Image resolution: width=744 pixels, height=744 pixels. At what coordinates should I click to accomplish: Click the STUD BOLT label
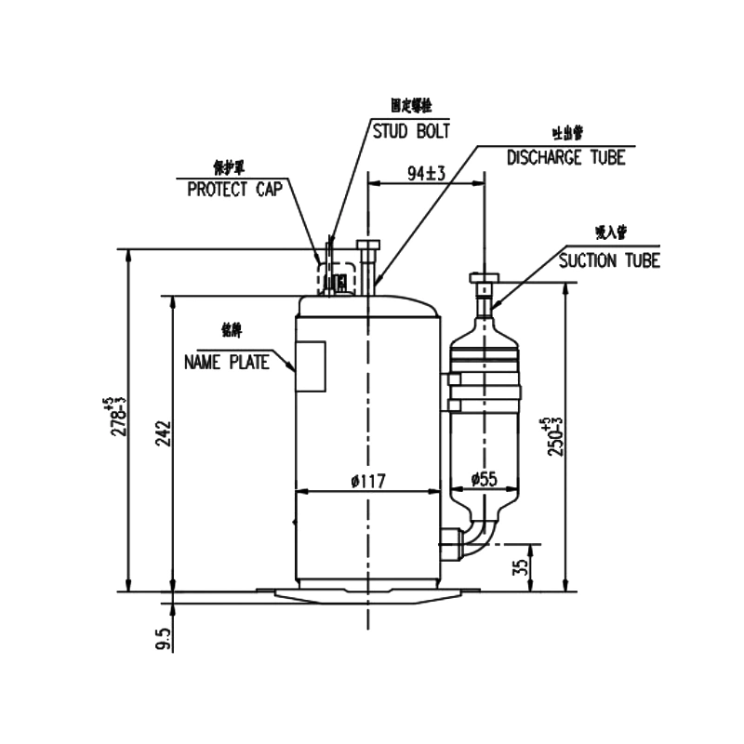pos(411,130)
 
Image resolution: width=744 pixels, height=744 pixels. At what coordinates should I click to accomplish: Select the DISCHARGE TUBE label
pos(565,157)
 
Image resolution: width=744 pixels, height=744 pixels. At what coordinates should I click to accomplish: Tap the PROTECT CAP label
pos(231,190)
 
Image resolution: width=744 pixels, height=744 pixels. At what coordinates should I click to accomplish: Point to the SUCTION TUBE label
pos(609,260)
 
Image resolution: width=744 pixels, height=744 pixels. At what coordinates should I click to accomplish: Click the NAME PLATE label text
pos(226,361)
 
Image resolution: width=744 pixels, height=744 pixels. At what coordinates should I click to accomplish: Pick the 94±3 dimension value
pos(428,173)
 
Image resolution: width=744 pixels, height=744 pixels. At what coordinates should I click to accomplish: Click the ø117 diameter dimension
pos(368,480)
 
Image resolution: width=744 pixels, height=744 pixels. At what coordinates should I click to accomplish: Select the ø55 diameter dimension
pos(485,480)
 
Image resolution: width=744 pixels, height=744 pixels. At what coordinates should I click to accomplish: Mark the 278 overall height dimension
pos(118,418)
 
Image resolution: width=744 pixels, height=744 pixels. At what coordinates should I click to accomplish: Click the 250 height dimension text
pos(555,436)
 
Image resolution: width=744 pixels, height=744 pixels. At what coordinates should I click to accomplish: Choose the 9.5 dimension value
pos(164,640)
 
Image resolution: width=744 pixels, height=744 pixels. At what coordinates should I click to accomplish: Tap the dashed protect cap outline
pos(336,277)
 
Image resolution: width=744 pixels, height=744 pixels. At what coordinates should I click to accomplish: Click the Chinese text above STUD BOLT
pos(410,107)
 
